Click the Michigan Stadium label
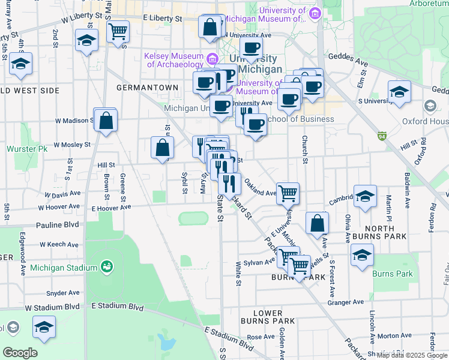64,268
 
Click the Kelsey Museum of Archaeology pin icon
211,59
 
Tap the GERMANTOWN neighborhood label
147,88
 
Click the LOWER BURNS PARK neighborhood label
267,317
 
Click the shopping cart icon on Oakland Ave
288,193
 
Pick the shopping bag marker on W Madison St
106,121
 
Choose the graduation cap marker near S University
399,92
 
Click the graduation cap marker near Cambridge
365,197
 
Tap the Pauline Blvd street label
58,224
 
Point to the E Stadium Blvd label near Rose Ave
229,339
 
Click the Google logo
20,353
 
